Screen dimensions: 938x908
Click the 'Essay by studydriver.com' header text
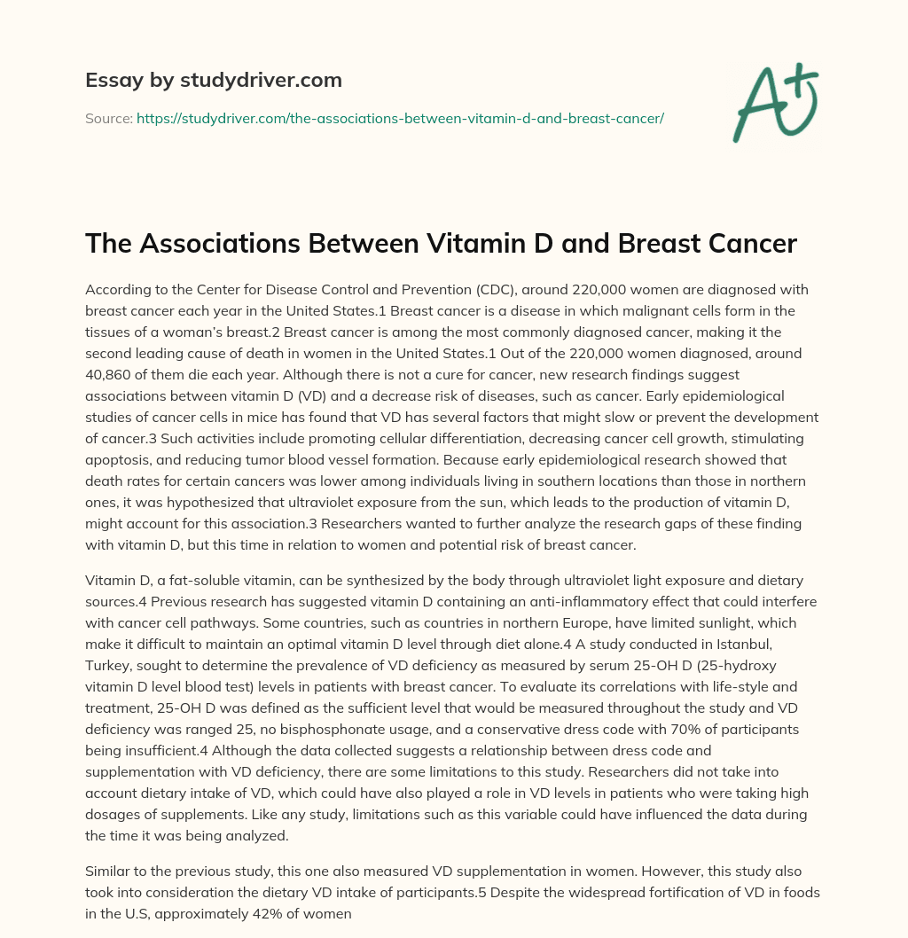tap(213, 80)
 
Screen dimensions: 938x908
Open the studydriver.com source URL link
tap(400, 118)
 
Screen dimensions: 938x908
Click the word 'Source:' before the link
tap(108, 118)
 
